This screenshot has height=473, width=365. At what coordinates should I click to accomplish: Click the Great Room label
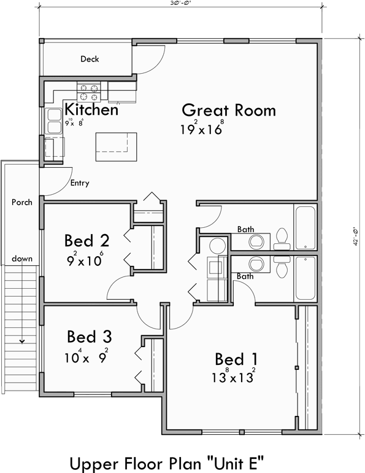click(x=228, y=111)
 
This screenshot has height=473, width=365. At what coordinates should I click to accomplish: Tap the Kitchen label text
click(x=91, y=110)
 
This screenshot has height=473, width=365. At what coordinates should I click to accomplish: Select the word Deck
click(x=90, y=60)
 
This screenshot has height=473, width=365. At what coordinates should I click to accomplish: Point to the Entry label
click(x=80, y=183)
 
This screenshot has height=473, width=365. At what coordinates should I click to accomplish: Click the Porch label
click(x=21, y=202)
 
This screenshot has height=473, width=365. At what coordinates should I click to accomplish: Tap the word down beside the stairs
click(x=21, y=259)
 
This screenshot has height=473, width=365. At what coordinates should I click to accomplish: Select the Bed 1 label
click(x=236, y=359)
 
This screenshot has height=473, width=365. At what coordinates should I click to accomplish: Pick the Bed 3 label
click(x=90, y=337)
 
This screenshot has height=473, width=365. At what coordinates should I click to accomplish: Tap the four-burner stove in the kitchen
click(x=88, y=92)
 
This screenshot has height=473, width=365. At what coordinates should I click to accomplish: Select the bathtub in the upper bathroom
click(x=305, y=227)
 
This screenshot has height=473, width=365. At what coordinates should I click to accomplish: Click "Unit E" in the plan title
click(x=239, y=461)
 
